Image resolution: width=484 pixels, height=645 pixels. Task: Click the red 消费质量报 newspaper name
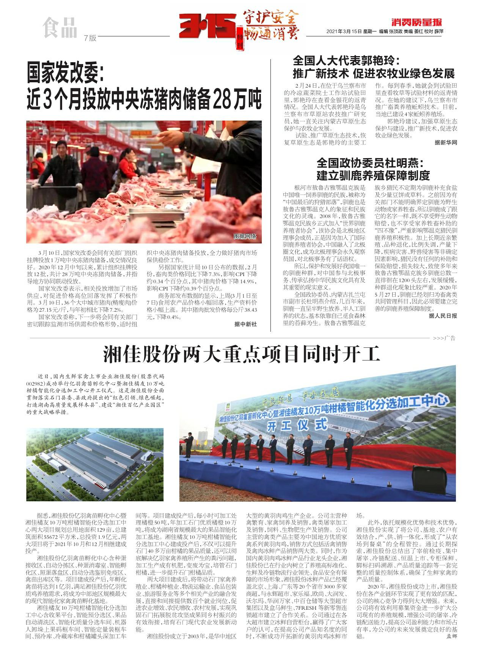pyautogui.click(x=416, y=22)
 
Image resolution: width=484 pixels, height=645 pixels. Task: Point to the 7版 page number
pyautogui.click(x=91, y=38)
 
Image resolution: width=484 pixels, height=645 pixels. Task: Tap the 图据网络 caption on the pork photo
pyautogui.click(x=245, y=236)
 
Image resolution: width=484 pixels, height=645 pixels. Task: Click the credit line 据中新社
pyautogui.click(x=245, y=324)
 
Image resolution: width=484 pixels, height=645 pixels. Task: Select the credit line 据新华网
pyautogui.click(x=446, y=143)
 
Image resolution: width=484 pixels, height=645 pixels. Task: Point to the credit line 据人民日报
pyautogui.click(x=443, y=315)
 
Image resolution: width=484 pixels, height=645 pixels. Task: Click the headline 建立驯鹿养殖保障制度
pyautogui.click(x=373, y=175)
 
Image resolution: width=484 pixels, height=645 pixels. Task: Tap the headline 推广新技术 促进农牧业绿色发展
pyautogui.click(x=373, y=73)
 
